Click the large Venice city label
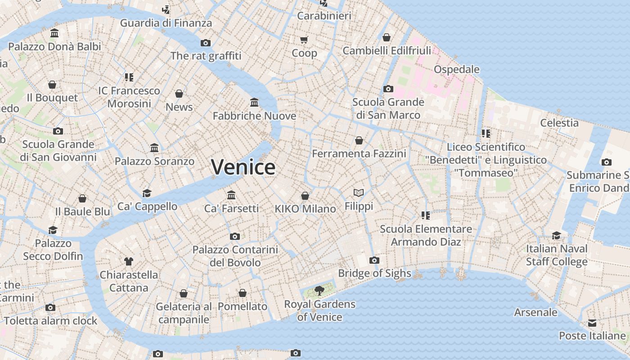click(x=243, y=167)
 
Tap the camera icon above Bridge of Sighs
click(x=374, y=260)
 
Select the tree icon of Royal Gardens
click(x=319, y=291)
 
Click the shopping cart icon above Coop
click(x=304, y=40)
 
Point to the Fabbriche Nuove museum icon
click(x=254, y=103)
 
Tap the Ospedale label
click(x=456, y=69)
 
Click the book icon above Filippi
click(x=359, y=193)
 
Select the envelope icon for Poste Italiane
click(x=592, y=323)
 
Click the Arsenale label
click(x=535, y=312)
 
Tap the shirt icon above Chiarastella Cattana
click(x=129, y=261)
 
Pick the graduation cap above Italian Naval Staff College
click(x=557, y=235)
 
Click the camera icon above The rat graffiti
click(x=206, y=43)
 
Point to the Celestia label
click(x=559, y=122)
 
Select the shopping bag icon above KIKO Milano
click(x=305, y=196)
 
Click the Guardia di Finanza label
click(x=166, y=23)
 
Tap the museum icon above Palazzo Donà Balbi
click(x=54, y=33)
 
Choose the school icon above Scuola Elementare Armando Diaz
click(x=425, y=216)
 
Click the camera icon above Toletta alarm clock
click(x=50, y=308)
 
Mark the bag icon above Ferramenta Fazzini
click(x=359, y=140)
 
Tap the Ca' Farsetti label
click(x=231, y=208)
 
